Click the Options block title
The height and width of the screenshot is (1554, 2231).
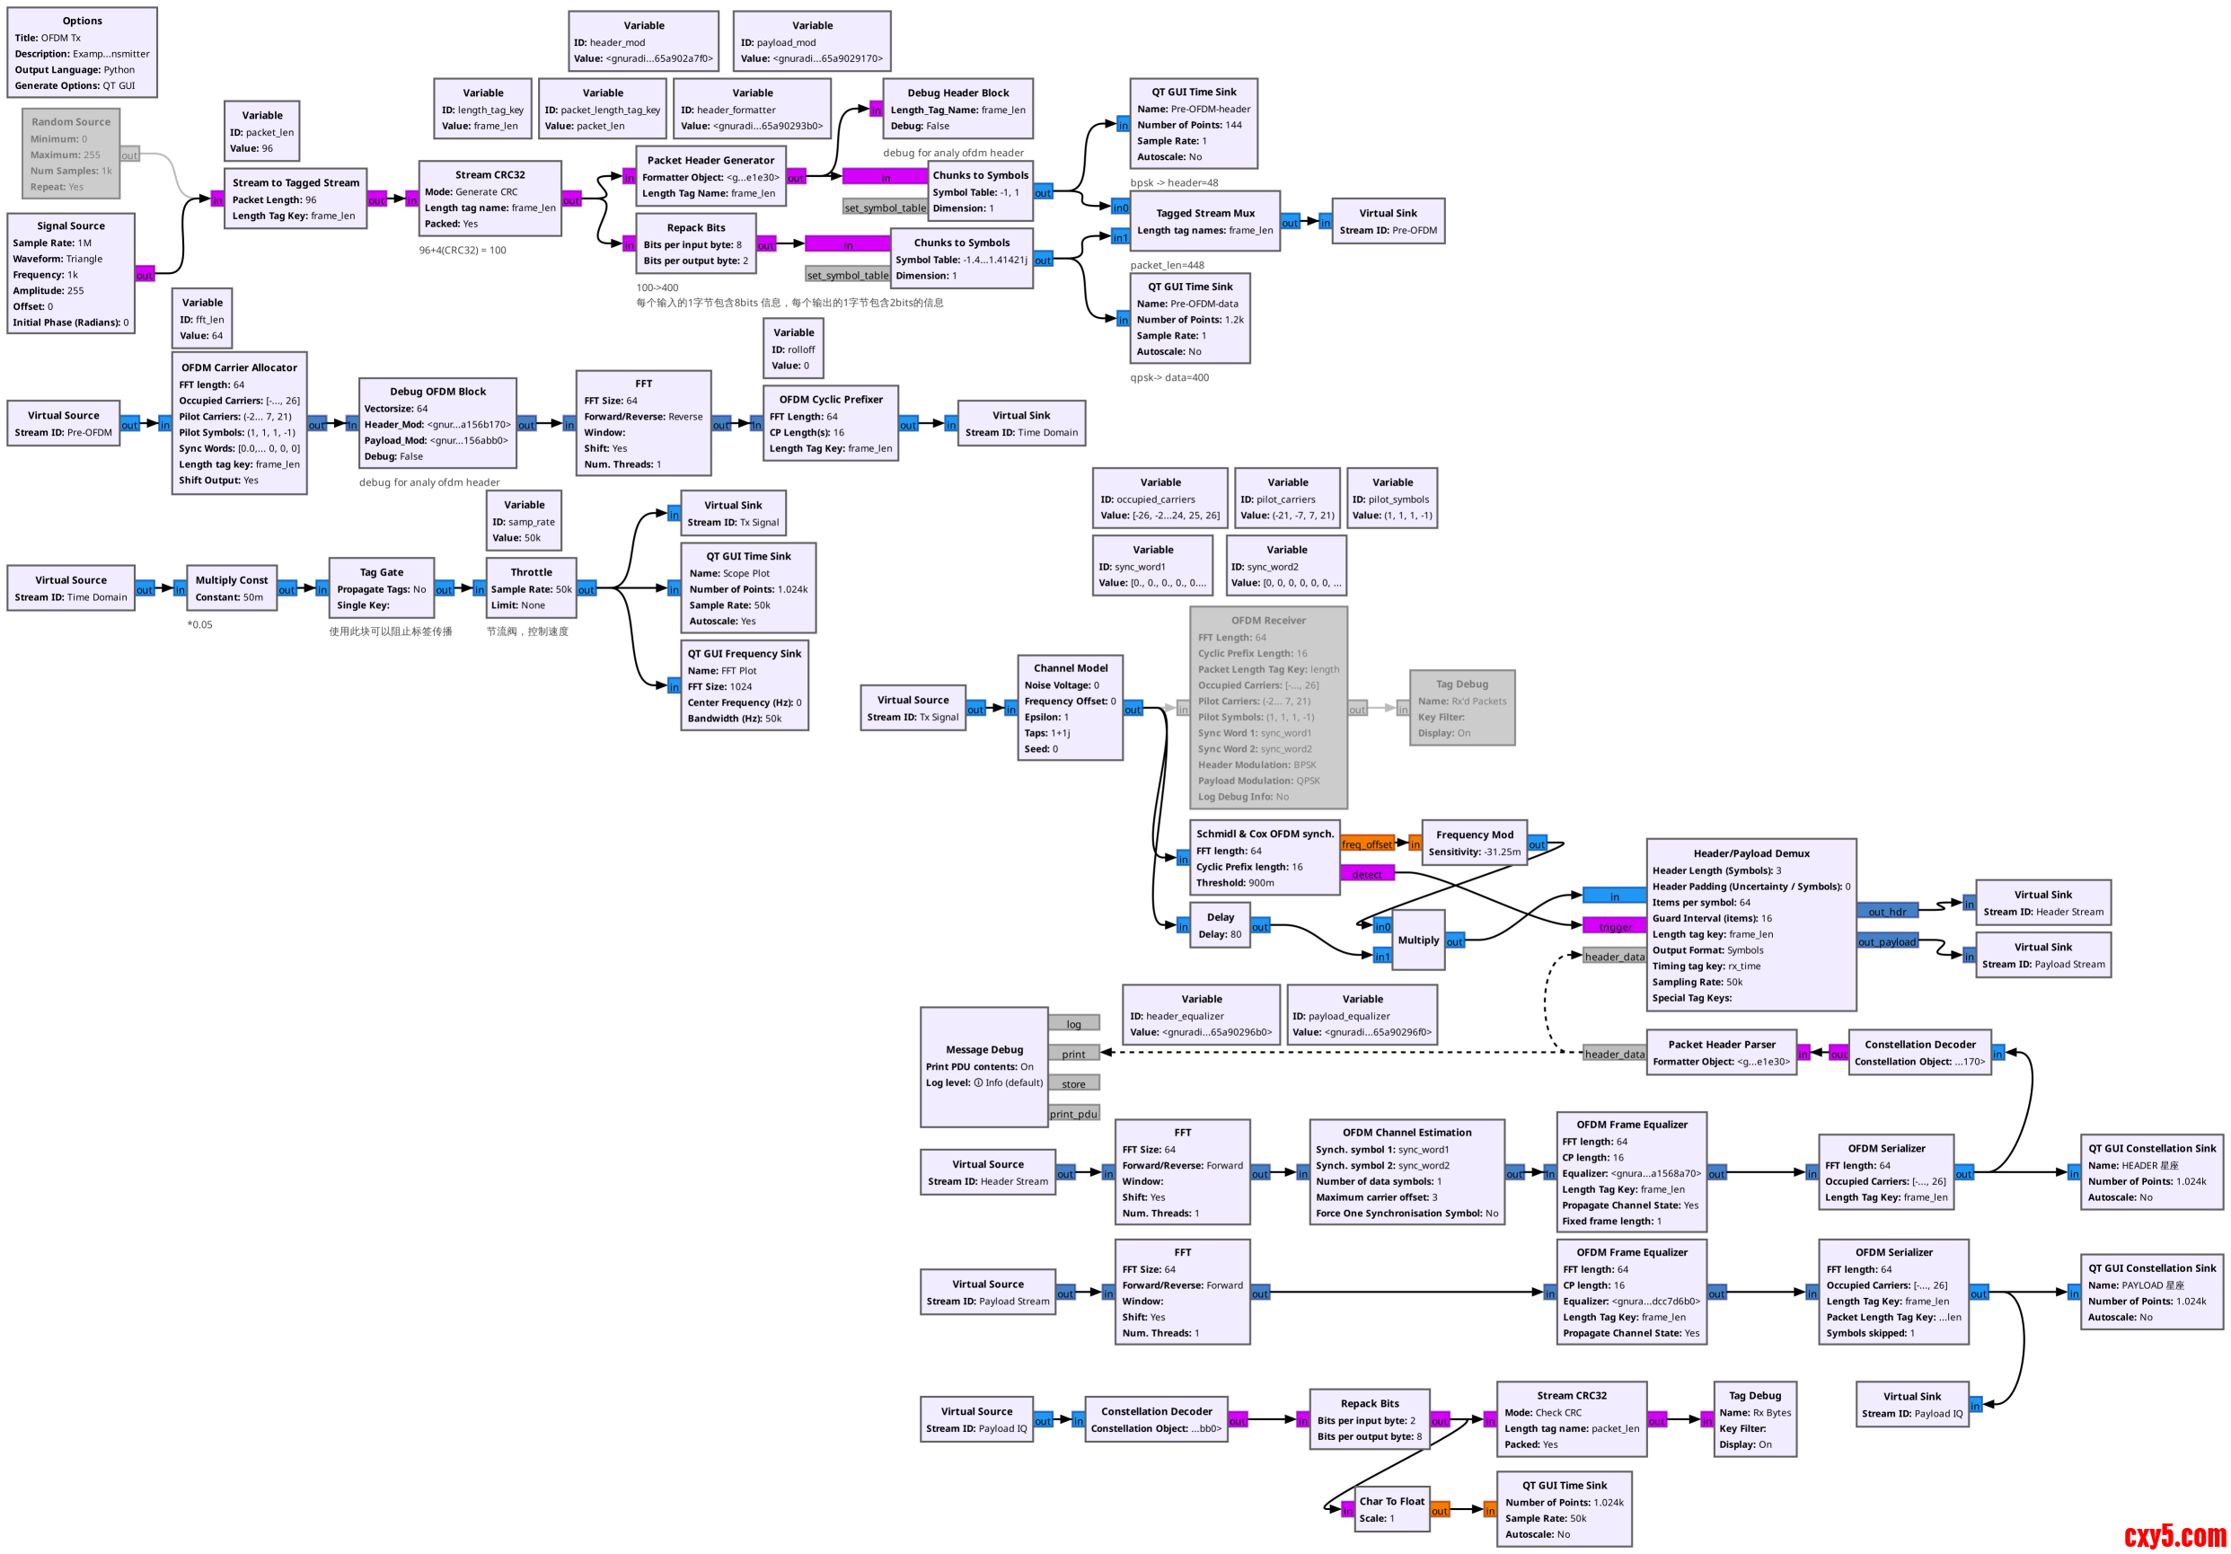[82, 21]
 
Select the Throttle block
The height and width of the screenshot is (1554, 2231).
[531, 588]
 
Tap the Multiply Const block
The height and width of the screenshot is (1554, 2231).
[231, 588]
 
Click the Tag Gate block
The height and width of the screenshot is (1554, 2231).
[381, 588]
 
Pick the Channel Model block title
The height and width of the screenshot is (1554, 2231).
[1070, 667]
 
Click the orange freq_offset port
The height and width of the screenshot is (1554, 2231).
[1366, 843]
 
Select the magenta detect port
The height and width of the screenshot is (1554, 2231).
[1366, 874]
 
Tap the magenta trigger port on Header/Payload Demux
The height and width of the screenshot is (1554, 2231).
[1614, 926]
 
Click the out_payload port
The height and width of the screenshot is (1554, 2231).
[1886, 940]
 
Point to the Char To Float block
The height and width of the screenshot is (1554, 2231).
[1391, 1509]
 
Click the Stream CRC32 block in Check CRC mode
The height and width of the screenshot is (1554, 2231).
[1571, 1419]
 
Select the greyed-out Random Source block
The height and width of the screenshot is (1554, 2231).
[71, 154]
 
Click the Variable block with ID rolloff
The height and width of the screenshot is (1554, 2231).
[793, 349]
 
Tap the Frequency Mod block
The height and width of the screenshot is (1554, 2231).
[1474, 843]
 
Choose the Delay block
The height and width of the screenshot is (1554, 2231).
[1220, 925]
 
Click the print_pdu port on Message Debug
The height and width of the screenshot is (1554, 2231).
[1072, 1114]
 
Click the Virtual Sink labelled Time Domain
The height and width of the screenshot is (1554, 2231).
[1020, 424]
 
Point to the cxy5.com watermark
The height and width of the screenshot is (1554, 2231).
[2174, 1534]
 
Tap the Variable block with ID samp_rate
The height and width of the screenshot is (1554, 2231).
[524, 521]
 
